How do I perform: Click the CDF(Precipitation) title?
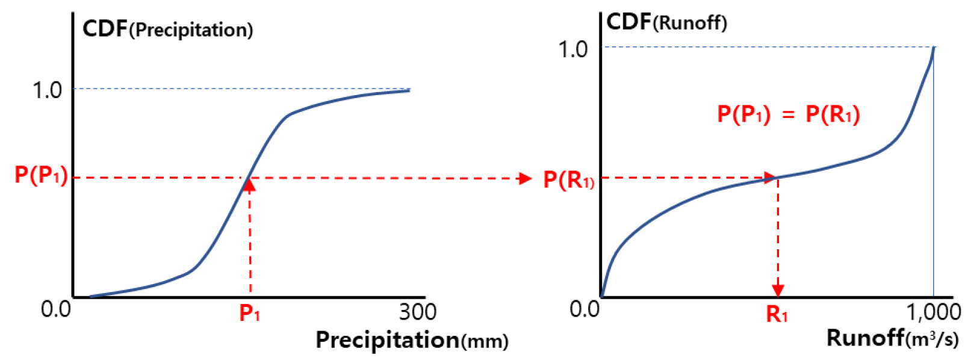(x=167, y=29)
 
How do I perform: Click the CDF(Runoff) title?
(x=666, y=22)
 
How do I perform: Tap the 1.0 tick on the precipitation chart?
(x=48, y=90)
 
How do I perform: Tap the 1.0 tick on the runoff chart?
(x=572, y=49)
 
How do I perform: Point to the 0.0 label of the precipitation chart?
(x=55, y=309)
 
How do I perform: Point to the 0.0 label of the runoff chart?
(x=585, y=309)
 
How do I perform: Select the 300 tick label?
(x=417, y=312)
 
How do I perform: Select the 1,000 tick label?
(x=934, y=312)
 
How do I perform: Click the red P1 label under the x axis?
(x=250, y=313)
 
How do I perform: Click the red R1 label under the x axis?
(x=777, y=314)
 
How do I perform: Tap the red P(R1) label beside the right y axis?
(x=568, y=179)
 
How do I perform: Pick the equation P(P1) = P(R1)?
(x=788, y=114)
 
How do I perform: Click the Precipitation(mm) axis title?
(x=412, y=340)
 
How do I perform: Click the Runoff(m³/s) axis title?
(x=892, y=338)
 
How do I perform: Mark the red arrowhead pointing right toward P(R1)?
(x=526, y=178)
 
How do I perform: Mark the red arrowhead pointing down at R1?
(x=778, y=290)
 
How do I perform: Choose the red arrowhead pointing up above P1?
(x=250, y=185)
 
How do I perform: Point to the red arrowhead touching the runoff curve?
(x=770, y=177)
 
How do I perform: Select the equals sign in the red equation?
(x=788, y=114)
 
